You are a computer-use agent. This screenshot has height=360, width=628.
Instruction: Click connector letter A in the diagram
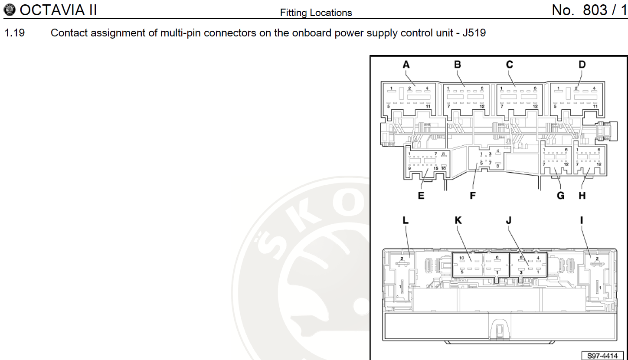406,65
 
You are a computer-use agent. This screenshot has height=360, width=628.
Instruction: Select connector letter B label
458,65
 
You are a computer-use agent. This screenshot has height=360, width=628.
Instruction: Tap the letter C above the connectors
510,65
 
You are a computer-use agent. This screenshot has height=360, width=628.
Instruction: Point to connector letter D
582,65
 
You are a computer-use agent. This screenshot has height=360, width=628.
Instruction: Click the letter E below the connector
421,196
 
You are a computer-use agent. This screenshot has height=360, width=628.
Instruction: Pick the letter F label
473,196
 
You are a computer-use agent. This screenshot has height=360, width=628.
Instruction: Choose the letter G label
561,196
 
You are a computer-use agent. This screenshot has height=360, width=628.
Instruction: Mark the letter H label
582,196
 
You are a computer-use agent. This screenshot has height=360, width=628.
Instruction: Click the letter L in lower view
406,220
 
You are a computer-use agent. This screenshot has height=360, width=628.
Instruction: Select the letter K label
458,220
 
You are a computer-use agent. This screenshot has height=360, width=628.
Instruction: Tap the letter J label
509,220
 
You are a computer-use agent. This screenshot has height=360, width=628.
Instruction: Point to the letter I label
581,220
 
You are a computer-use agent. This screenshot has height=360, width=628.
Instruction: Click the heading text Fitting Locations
316,13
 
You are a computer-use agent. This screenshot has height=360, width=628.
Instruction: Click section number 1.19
14,33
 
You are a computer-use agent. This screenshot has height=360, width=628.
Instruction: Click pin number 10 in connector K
462,259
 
